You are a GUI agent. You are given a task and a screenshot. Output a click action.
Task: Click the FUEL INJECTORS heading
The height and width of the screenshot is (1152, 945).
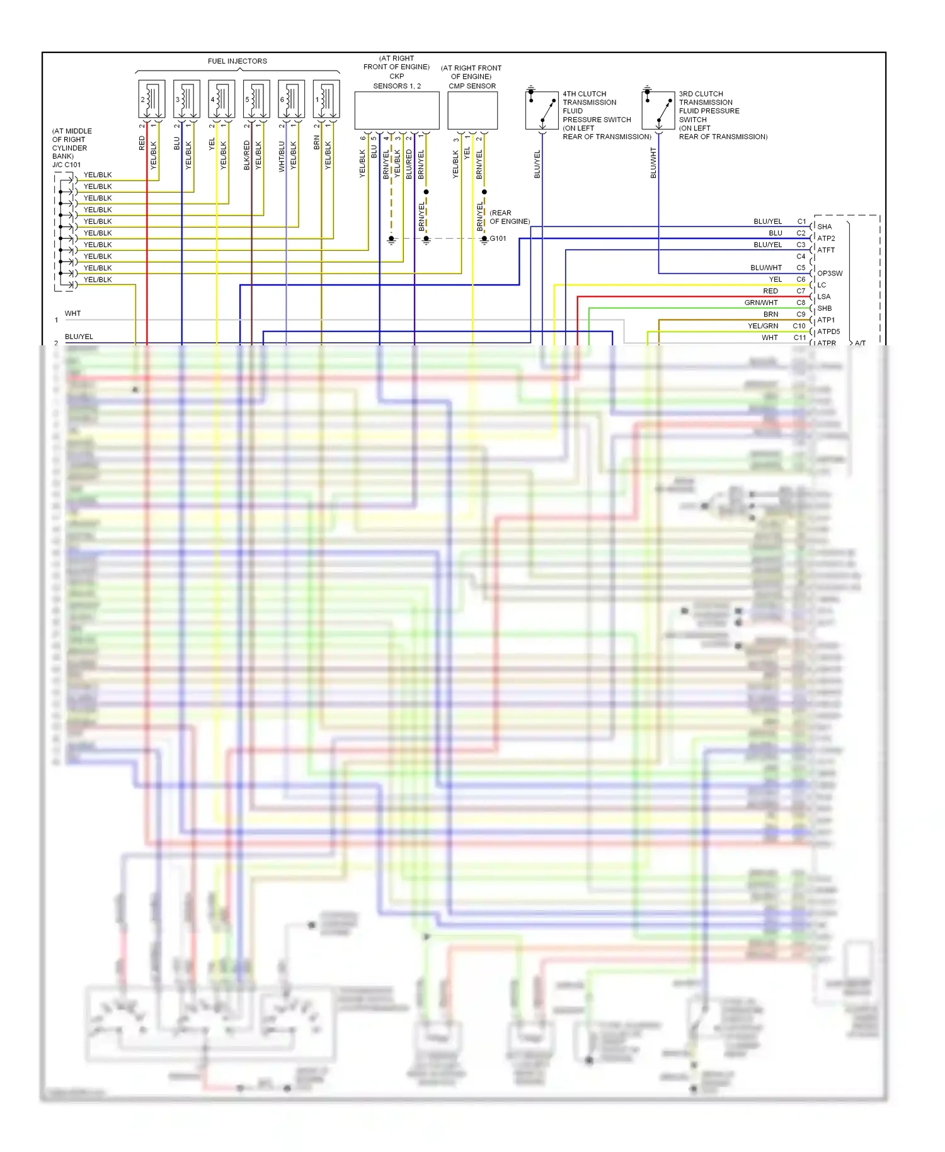(x=237, y=61)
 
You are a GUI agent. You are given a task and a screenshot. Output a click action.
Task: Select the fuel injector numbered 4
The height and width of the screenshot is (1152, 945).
(x=221, y=99)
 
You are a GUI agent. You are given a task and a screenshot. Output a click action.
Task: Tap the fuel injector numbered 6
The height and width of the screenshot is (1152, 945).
(x=291, y=99)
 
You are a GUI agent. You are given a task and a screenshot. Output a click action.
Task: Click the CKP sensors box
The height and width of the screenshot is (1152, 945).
(x=397, y=110)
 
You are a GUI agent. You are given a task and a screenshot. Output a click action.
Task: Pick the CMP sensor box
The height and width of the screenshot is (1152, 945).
(x=472, y=110)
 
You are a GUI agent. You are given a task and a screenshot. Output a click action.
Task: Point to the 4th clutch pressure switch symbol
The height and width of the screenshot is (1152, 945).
(x=542, y=110)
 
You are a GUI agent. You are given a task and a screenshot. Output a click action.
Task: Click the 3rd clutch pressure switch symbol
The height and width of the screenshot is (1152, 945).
(x=658, y=110)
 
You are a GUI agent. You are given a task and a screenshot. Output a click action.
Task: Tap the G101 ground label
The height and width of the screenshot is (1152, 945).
(x=498, y=239)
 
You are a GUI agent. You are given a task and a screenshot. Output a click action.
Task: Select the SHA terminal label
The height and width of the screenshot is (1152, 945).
(x=824, y=227)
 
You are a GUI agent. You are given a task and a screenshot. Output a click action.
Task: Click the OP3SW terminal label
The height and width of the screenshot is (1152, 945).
(x=829, y=274)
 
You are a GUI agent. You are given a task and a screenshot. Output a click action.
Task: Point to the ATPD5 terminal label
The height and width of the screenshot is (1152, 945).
(x=828, y=331)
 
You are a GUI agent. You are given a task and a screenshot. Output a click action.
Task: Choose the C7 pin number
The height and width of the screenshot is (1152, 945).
(x=801, y=291)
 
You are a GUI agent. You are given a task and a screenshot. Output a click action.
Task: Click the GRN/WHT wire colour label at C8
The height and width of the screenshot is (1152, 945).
(x=761, y=303)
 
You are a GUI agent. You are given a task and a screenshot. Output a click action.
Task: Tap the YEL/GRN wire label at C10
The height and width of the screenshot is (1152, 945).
(x=762, y=326)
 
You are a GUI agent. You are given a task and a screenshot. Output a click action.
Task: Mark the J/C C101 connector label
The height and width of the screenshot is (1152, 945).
(x=66, y=165)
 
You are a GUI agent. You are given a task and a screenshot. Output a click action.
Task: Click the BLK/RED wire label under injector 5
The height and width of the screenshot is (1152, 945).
(x=247, y=156)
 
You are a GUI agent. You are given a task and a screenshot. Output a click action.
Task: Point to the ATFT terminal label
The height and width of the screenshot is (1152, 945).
(x=826, y=250)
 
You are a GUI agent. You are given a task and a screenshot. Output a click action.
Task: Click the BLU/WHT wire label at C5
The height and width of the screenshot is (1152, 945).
(x=766, y=268)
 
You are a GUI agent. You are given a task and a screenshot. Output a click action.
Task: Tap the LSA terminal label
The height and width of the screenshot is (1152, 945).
(x=824, y=297)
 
